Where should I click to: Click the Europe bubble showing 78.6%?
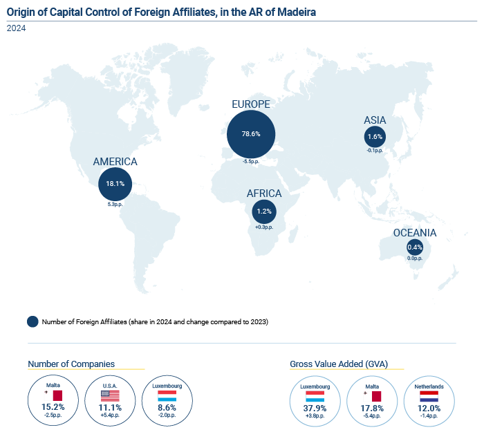251,134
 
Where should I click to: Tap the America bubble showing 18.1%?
115,184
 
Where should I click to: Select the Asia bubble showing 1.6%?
375,136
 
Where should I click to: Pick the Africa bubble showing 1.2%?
264,212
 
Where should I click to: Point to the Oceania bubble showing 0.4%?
415,247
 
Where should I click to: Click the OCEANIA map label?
415,233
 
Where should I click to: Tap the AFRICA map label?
264,194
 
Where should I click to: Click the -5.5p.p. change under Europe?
251,162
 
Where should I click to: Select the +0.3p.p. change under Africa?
264,227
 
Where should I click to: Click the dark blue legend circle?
32,321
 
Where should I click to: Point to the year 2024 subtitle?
16,28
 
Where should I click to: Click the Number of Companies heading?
71,364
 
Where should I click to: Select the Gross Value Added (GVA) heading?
339,364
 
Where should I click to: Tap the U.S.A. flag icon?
110,395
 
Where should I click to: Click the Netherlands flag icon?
429,396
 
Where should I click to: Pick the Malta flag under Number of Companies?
53,395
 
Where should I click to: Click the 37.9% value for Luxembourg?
315,409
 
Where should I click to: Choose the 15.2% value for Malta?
53,407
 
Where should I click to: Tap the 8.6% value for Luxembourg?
167,408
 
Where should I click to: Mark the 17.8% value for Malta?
372,409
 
